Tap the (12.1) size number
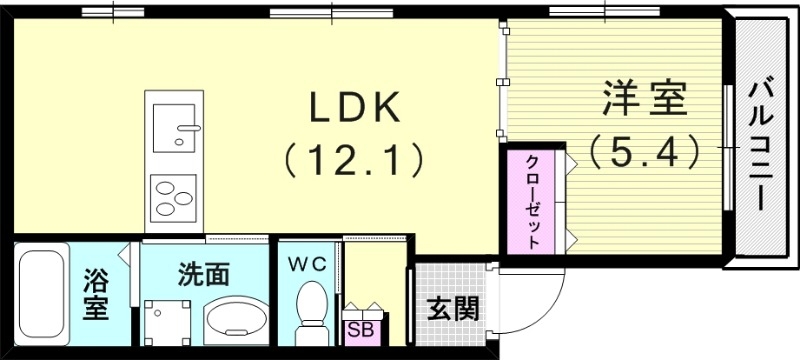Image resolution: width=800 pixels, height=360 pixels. (x=349, y=157)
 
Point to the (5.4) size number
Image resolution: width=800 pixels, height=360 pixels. (x=641, y=152)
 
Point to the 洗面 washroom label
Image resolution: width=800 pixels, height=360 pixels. (x=204, y=272)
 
